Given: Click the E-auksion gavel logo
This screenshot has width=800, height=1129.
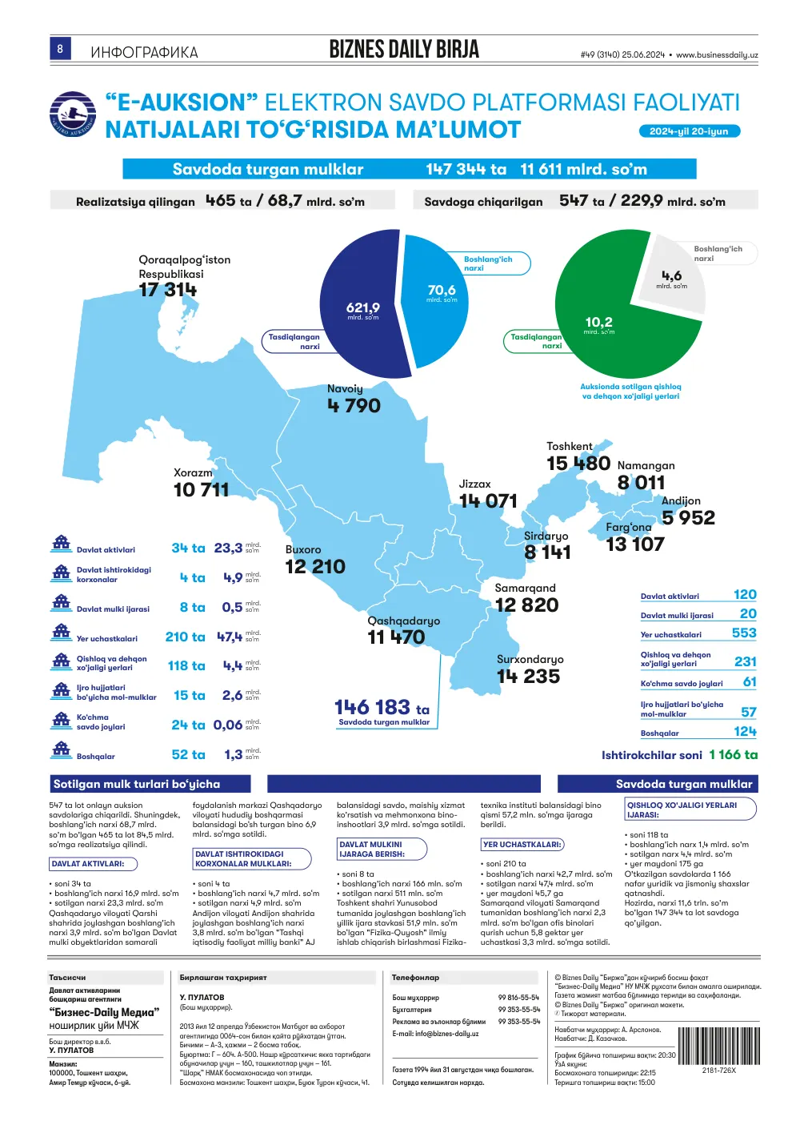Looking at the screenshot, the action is click(x=73, y=114).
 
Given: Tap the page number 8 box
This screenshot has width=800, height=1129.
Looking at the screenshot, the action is click(x=60, y=48).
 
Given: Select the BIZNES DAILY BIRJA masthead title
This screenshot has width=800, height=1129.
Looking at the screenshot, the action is click(x=404, y=50).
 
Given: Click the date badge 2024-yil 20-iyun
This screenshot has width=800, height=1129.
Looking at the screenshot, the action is click(x=690, y=131).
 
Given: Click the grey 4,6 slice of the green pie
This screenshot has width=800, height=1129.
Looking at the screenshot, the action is click(x=672, y=277).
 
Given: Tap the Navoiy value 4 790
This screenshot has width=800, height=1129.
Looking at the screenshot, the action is click(x=354, y=405).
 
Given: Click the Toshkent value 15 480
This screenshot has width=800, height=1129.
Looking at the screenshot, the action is click(x=578, y=463).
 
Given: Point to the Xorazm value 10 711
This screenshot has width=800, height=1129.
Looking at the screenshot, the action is click(x=201, y=489).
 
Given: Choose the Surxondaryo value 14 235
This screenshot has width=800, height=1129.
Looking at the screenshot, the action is click(x=528, y=677).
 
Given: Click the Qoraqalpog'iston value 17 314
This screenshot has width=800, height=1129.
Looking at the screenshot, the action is click(x=168, y=290).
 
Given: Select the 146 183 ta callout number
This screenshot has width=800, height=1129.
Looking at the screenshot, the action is click(x=382, y=707).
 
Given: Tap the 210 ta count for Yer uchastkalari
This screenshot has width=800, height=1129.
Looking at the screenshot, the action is click(x=186, y=637).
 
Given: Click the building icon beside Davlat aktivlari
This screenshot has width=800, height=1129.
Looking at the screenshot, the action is click(x=62, y=544).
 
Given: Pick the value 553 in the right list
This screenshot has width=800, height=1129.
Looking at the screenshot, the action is click(x=744, y=633).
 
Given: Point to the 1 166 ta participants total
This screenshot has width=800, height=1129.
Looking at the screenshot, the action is click(x=733, y=754).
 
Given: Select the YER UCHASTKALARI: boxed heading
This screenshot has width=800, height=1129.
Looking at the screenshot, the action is click(x=522, y=844).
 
